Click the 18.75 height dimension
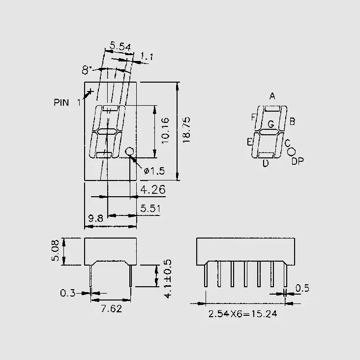(186, 130)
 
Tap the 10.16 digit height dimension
(165, 131)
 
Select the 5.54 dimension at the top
(120, 46)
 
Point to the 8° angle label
(87, 70)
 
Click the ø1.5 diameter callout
(154, 171)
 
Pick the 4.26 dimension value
(152, 190)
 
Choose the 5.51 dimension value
(150, 208)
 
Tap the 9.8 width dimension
(96, 218)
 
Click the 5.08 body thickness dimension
(56, 250)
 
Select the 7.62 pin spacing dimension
(112, 309)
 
